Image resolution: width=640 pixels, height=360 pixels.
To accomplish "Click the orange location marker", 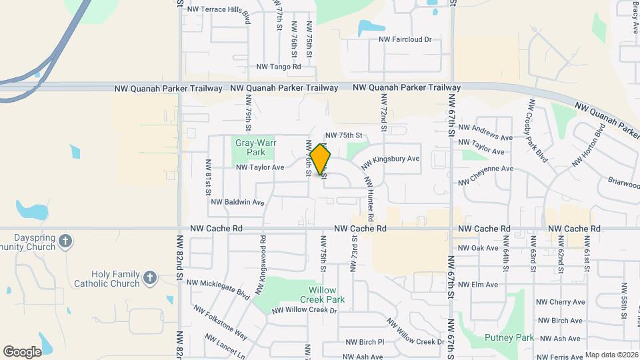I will pyautogui.click(x=321, y=159).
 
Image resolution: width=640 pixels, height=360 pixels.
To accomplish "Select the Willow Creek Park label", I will pyautogui.click(x=327, y=295).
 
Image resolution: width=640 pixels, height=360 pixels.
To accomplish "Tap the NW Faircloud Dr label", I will pyautogui.click(x=405, y=40).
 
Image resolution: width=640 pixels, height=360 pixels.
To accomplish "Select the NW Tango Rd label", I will pyautogui.click(x=279, y=67).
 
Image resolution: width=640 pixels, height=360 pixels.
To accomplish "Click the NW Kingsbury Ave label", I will pyautogui.click(x=390, y=162).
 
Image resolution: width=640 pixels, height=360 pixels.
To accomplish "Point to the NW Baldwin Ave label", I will pyautogui.click(x=238, y=202).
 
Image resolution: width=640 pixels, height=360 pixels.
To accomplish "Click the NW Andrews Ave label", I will pyautogui.click(x=485, y=132).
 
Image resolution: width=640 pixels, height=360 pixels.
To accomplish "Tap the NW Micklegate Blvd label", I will pyautogui.click(x=218, y=288).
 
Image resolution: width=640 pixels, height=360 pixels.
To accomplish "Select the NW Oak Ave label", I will pyautogui.click(x=478, y=248).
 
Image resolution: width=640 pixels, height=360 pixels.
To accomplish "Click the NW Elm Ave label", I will pyautogui.click(x=478, y=285).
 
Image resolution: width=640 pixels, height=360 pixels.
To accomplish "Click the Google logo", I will pyautogui.click(x=22, y=351).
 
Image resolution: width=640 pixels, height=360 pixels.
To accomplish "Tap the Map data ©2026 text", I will pyautogui.click(x=611, y=355).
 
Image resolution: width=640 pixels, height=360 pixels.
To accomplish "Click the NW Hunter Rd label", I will pyautogui.click(x=369, y=198).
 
